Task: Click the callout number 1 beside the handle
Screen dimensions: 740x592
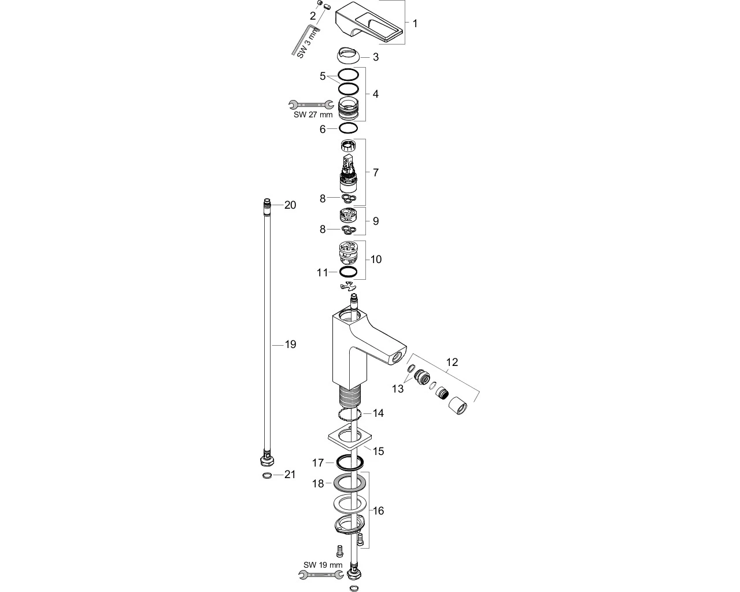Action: click(415, 23)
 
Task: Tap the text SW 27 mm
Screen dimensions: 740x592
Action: click(313, 115)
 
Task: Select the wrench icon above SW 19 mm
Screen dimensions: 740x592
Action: click(321, 574)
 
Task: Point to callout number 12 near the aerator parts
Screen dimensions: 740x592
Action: click(452, 362)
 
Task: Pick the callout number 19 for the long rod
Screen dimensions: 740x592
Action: click(291, 345)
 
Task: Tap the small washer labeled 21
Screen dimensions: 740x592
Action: click(267, 475)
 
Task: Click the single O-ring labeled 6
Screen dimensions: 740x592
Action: click(349, 128)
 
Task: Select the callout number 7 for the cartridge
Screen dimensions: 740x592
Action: click(376, 173)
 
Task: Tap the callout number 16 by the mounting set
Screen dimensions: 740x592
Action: click(378, 511)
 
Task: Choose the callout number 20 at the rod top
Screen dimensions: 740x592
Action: click(290, 205)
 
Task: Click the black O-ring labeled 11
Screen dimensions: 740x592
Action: click(349, 272)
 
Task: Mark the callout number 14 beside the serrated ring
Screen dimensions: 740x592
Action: click(378, 413)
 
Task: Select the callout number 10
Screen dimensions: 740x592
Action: click(376, 260)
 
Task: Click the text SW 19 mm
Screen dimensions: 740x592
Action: click(323, 565)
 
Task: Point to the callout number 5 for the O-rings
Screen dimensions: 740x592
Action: click(323, 76)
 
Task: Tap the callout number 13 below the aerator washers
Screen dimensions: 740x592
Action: click(398, 389)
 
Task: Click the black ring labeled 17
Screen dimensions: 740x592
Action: click(350, 462)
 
